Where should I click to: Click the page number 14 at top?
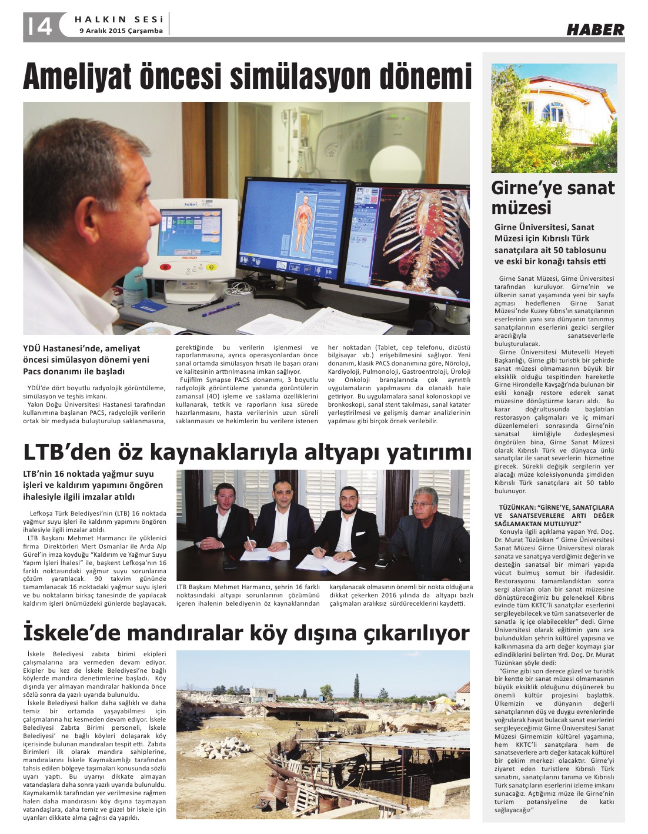click(x=39, y=25)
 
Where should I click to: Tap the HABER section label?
click(x=595, y=29)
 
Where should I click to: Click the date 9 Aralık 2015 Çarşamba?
click(x=121, y=31)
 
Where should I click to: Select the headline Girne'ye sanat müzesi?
click(x=553, y=198)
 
